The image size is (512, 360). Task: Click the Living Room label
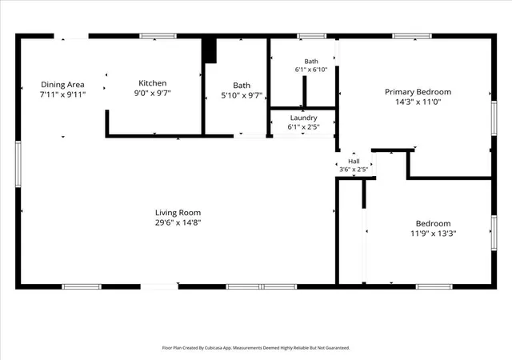pyautogui.click(x=178, y=213)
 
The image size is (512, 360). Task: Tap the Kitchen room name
pyautogui.click(x=153, y=83)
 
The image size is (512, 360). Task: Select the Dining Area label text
pyautogui.click(x=62, y=85)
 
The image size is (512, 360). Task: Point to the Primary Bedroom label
pyautogui.click(x=418, y=92)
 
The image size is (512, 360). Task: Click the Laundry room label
pyautogui.click(x=304, y=118)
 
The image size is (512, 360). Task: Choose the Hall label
pyautogui.click(x=354, y=161)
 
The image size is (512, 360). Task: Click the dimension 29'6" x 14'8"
pyautogui.click(x=178, y=222)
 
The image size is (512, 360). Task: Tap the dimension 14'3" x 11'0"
pyautogui.click(x=418, y=102)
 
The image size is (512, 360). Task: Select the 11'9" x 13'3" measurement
pyautogui.click(x=434, y=234)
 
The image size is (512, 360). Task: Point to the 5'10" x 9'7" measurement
pyautogui.click(x=242, y=96)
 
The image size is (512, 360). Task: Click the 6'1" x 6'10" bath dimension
pyautogui.click(x=311, y=70)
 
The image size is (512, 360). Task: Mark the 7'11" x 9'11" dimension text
pyautogui.click(x=62, y=94)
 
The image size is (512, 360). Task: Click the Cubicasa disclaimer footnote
pyautogui.click(x=256, y=348)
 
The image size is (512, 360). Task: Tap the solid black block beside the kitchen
pyautogui.click(x=209, y=50)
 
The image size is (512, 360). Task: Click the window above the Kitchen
pyautogui.click(x=158, y=36)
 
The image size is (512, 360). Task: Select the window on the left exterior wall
pyautogui.click(x=18, y=164)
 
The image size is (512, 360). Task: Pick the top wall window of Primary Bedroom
pyautogui.click(x=412, y=36)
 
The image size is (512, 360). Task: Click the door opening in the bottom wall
pyautogui.click(x=159, y=287)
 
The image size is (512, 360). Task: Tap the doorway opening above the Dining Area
pyautogui.click(x=71, y=36)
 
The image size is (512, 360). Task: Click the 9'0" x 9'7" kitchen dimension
pyautogui.click(x=153, y=93)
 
